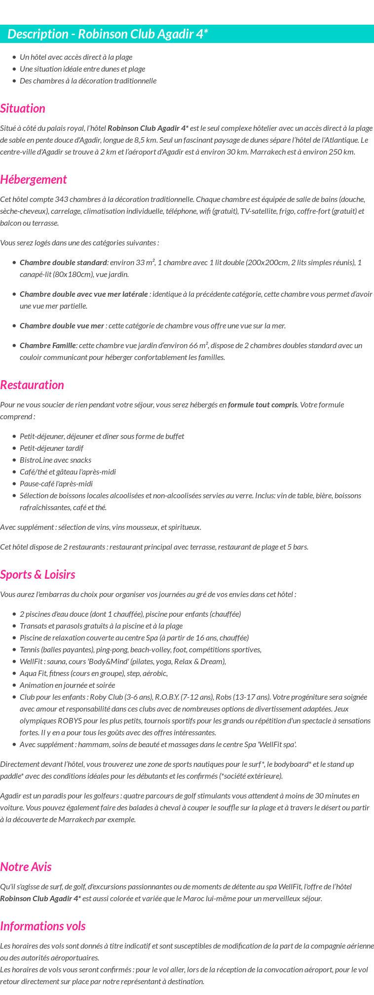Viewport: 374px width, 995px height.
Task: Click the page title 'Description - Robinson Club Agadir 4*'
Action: tap(108, 34)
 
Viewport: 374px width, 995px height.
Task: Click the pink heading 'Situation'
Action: tap(23, 109)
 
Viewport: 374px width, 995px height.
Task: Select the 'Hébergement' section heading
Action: tap(33, 180)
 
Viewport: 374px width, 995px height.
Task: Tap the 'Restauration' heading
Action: tap(32, 385)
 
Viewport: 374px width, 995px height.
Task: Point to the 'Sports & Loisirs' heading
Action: tap(37, 575)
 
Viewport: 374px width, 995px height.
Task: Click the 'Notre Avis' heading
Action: tap(26, 867)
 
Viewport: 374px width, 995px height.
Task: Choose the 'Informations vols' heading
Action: tap(43, 926)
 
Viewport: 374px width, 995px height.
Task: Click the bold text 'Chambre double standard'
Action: tap(63, 263)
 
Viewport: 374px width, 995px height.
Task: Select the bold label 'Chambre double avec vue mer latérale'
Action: tap(84, 294)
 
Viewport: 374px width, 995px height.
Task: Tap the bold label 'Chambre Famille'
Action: tap(47, 346)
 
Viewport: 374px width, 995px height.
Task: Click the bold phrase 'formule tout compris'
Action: tap(262, 405)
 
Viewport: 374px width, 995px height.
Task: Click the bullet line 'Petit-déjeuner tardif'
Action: tap(51, 448)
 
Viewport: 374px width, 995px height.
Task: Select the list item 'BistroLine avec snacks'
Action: tap(55, 460)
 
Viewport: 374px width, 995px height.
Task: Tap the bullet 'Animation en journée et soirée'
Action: tap(67, 685)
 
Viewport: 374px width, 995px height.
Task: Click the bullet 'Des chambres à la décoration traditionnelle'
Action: tap(88, 81)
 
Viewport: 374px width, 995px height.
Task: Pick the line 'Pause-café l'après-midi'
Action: tap(56, 484)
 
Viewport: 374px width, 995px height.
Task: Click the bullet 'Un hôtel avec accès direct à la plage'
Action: tap(76, 57)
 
